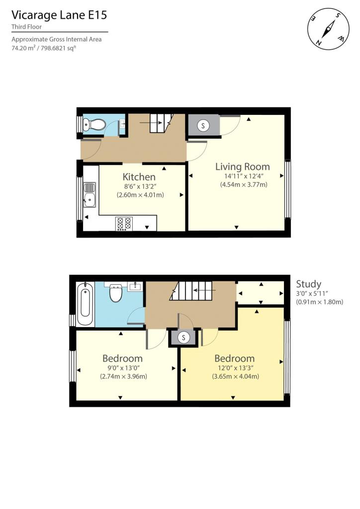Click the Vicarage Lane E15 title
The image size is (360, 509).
59,15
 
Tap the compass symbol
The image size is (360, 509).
329,29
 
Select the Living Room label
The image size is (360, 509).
243,167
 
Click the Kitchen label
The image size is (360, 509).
139,177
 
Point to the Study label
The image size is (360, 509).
308,284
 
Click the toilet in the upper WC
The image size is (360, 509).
94,124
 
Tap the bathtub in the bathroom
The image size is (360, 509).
86,304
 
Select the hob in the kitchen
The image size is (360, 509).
124,224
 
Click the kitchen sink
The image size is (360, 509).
89,195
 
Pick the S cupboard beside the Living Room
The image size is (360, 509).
203,126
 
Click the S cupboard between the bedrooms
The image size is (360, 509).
184,338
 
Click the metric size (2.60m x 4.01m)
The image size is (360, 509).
140,195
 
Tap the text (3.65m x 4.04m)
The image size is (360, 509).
235,377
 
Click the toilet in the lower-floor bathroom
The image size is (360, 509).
115,293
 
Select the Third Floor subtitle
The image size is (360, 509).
27,27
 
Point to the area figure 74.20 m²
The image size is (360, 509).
24,49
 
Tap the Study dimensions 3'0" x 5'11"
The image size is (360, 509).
312,293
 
